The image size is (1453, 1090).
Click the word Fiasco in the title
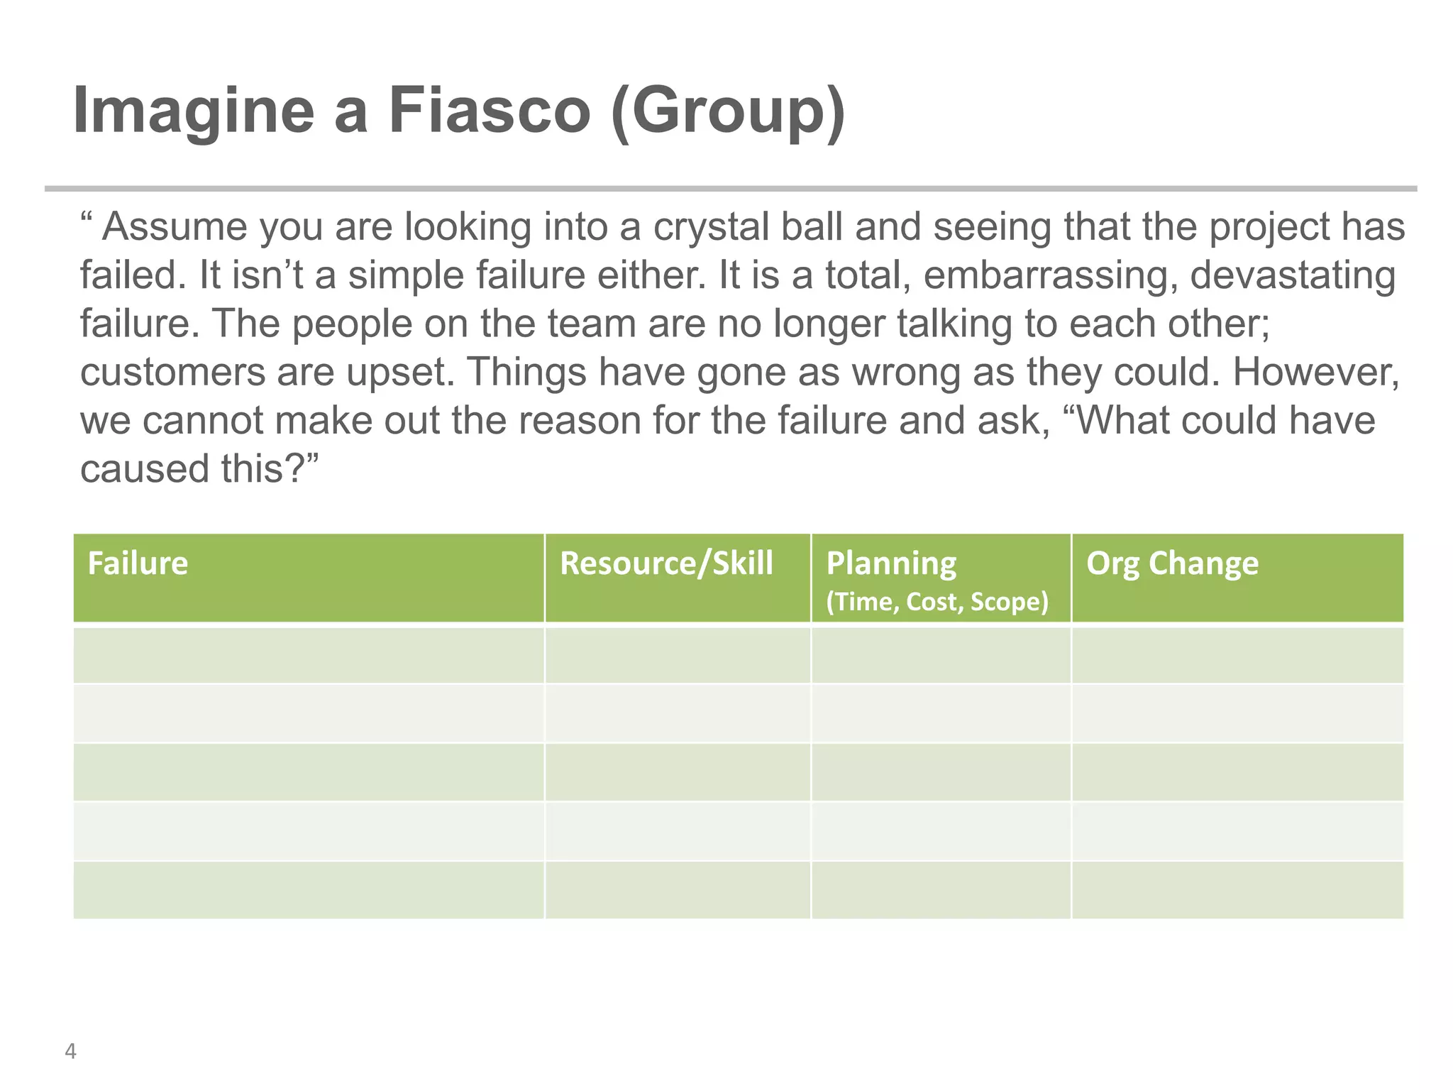(489, 110)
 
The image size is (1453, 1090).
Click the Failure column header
(138, 563)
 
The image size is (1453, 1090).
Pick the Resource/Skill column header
(666, 563)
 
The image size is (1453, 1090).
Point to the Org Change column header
(1172, 563)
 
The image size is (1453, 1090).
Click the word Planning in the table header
(891, 563)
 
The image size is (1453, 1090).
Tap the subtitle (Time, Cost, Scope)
(937, 602)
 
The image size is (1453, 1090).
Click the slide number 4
(70, 1051)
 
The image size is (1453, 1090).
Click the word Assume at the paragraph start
(174, 227)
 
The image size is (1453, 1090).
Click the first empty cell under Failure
(309, 655)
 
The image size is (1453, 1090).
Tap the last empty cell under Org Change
(1237, 890)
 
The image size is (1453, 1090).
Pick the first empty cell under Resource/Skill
(678, 655)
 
